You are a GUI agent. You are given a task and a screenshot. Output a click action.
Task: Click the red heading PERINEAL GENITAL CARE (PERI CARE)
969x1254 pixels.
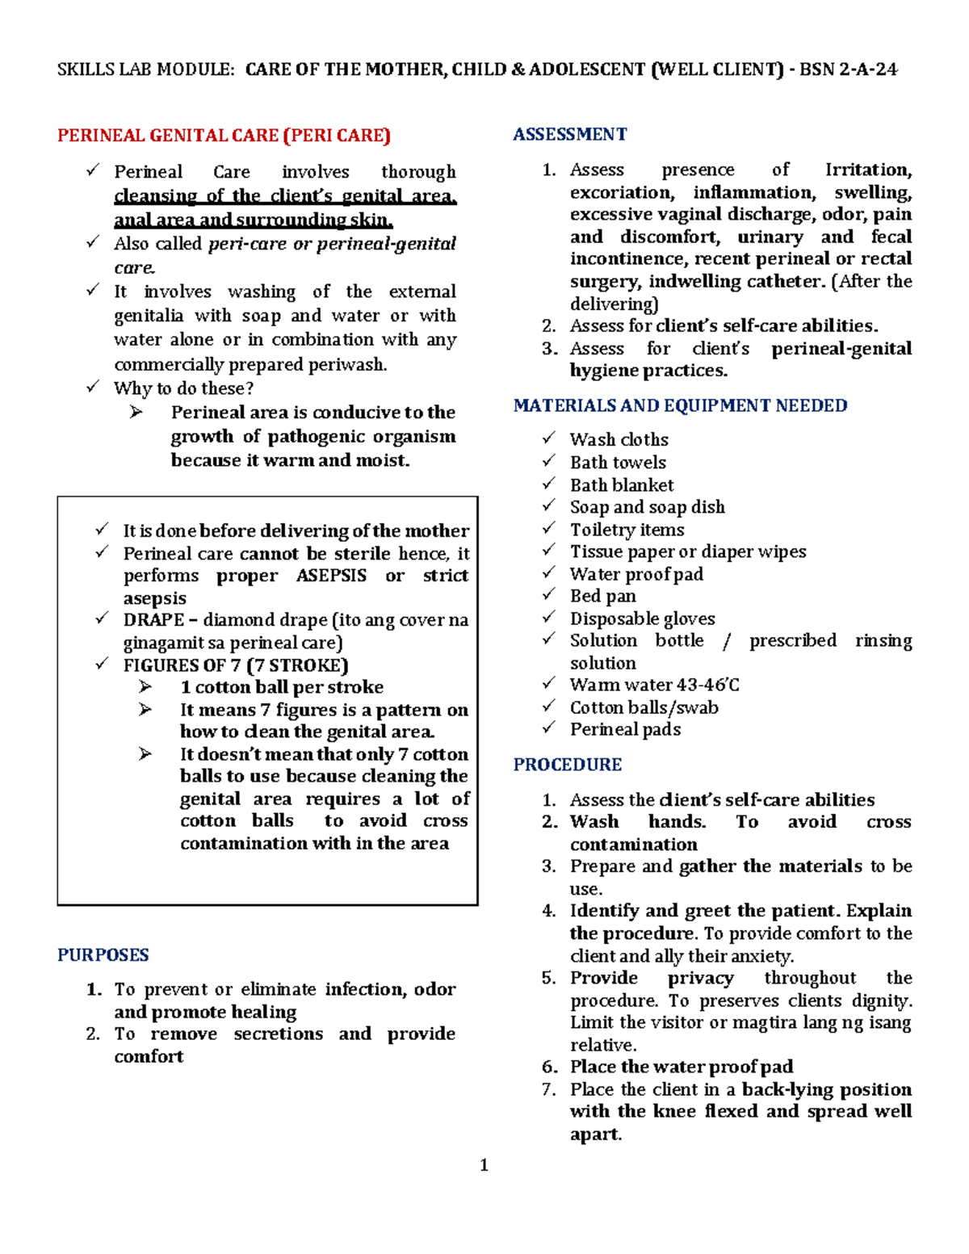224,136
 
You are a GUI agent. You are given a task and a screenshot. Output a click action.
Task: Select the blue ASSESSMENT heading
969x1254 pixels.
569,135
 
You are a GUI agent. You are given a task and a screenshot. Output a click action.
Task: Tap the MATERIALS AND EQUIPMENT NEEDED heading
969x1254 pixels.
680,405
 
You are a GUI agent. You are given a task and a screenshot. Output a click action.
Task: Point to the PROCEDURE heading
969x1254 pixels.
567,765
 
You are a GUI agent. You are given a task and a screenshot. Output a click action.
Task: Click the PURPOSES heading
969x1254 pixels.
103,955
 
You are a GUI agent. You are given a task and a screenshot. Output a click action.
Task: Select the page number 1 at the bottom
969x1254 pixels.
484,1164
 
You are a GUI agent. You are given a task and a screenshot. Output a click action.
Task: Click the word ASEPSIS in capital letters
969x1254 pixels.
331,576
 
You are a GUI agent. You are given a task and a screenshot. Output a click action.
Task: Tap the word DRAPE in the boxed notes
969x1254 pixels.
153,620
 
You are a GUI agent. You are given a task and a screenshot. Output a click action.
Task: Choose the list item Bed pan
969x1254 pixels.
602,596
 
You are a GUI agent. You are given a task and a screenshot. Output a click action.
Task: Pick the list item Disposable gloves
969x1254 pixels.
642,619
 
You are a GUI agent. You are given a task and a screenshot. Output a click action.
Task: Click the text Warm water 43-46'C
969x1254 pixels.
654,685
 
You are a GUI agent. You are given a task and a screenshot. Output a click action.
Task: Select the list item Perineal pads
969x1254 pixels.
625,729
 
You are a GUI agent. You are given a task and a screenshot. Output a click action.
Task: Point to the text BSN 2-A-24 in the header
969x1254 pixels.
848,69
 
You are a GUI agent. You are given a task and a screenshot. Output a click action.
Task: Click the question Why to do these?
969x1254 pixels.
183,388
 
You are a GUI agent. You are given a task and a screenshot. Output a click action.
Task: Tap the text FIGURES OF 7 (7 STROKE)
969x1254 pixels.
236,665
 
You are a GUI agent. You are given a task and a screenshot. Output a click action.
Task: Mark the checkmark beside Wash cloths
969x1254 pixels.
549,438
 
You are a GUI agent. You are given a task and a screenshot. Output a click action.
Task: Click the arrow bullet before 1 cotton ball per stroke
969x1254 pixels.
145,686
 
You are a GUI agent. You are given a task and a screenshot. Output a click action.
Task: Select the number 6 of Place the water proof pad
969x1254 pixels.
549,1067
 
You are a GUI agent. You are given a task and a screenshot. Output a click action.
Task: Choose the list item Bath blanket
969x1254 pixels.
621,485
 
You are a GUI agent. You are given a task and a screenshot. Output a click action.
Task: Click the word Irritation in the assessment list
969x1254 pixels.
867,170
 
